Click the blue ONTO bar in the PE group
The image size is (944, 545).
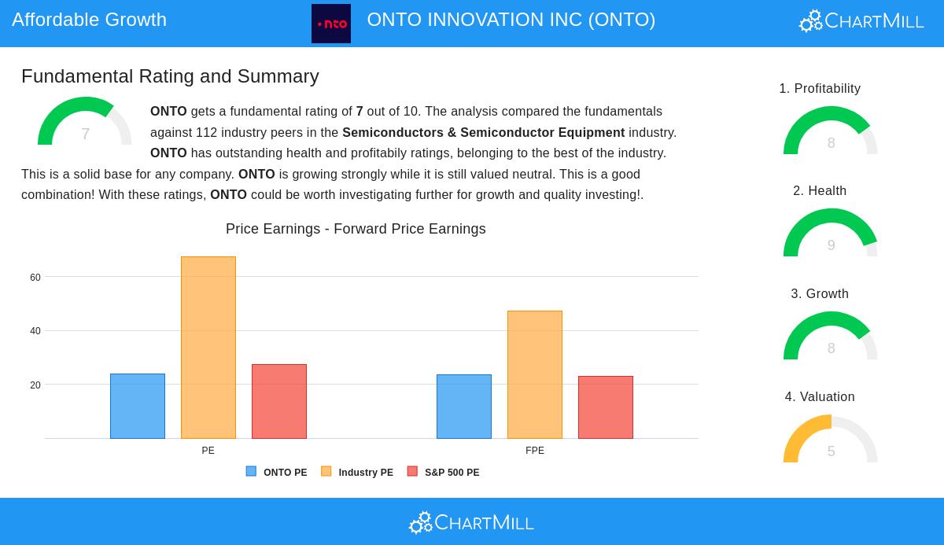(138, 406)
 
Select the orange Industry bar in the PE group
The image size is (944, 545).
(208, 348)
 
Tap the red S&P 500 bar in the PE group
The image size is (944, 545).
(279, 401)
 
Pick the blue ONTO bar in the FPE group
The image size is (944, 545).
(464, 407)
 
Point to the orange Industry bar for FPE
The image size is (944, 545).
(535, 374)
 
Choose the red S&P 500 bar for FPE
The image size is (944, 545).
(606, 407)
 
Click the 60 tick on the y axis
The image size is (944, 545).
(35, 278)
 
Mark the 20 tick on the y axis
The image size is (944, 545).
(35, 385)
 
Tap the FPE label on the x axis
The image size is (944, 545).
(535, 451)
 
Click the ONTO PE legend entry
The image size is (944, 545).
(277, 473)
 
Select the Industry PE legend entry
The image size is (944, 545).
(358, 473)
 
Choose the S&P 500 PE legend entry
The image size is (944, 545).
(444, 473)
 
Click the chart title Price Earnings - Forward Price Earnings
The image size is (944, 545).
(356, 229)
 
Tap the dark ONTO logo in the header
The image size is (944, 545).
(331, 24)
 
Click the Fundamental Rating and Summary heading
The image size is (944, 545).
(170, 76)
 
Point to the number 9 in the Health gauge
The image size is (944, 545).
(831, 245)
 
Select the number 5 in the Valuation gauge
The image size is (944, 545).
(831, 451)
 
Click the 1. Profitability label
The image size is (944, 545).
(820, 89)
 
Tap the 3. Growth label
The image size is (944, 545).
(820, 294)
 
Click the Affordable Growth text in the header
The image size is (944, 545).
(89, 20)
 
